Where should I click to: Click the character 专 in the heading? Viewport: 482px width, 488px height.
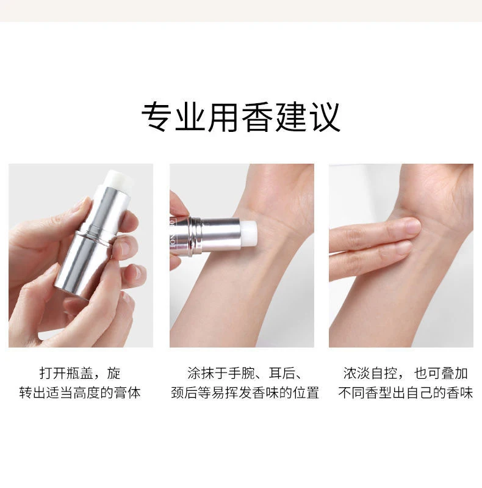(x=157, y=117)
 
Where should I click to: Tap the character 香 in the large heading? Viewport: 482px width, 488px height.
(x=257, y=117)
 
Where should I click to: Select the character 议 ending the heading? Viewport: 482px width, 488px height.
(x=325, y=117)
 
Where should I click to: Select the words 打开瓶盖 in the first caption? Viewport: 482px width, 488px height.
(x=67, y=373)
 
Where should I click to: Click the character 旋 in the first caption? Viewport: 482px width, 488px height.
(x=114, y=373)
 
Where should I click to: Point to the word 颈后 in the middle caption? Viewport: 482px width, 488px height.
(x=184, y=393)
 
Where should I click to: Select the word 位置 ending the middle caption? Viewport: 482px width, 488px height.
(x=306, y=393)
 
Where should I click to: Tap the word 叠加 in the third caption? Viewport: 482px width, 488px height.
(x=455, y=373)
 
